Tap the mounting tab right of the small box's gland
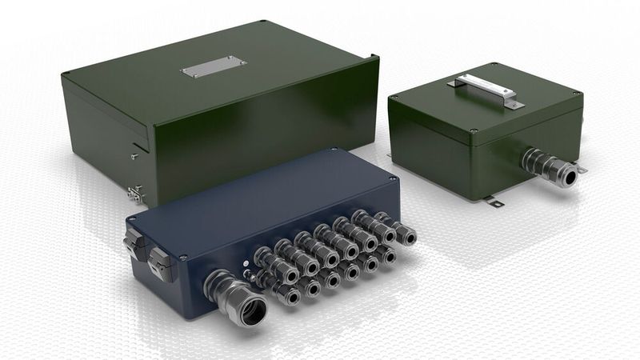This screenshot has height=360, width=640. click(582, 169)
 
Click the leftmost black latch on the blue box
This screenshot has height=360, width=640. click(132, 238)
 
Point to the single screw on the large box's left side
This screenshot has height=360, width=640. click(134, 156)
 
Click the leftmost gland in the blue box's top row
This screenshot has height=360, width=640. click(264, 260)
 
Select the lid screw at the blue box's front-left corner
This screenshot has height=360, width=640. click(184, 258)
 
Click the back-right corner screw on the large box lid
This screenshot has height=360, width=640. click(374, 56)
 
